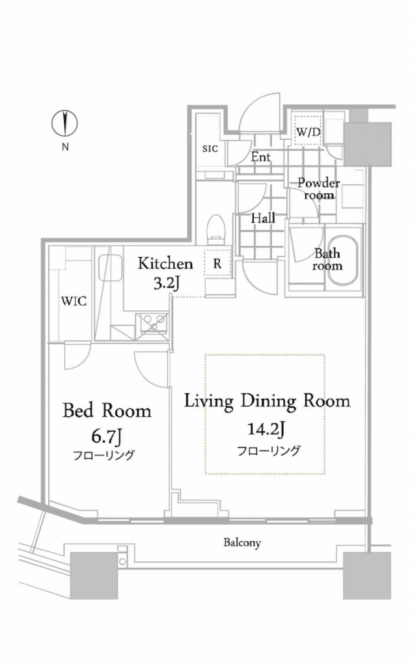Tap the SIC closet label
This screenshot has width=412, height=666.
click(210, 149)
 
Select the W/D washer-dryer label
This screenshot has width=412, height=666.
click(308, 133)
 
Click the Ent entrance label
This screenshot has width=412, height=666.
click(260, 157)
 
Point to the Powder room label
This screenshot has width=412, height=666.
click(319, 189)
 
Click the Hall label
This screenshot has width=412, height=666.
click(263, 219)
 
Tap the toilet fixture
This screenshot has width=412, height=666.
click(217, 228)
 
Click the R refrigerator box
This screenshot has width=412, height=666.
click(217, 263)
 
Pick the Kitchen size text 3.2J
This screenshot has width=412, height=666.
click(165, 283)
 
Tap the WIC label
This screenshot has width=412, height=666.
click(74, 301)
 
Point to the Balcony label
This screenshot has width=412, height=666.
click(242, 542)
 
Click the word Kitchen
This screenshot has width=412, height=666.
click(165, 263)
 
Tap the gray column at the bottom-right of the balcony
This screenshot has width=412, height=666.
click(366, 576)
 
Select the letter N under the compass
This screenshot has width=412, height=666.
click(65, 148)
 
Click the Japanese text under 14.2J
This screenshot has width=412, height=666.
click(269, 450)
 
